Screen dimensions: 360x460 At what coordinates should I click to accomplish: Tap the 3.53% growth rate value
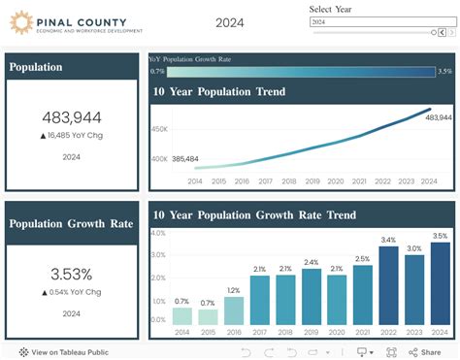[x=72, y=274]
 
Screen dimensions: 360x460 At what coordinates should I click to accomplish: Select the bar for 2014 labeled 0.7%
[x=182, y=316]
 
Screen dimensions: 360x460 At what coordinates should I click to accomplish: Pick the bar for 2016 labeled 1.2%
[x=234, y=310]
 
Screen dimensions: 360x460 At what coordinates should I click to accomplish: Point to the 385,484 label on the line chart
[x=185, y=158]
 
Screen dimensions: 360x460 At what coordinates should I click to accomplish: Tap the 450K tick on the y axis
[x=159, y=128]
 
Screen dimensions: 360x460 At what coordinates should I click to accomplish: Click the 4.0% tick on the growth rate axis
[x=155, y=234]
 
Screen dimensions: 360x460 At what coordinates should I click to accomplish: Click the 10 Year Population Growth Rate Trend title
[x=254, y=214]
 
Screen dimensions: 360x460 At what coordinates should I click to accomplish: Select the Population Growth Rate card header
[x=72, y=223]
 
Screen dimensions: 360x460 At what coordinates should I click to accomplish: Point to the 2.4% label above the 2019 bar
[x=311, y=262]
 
